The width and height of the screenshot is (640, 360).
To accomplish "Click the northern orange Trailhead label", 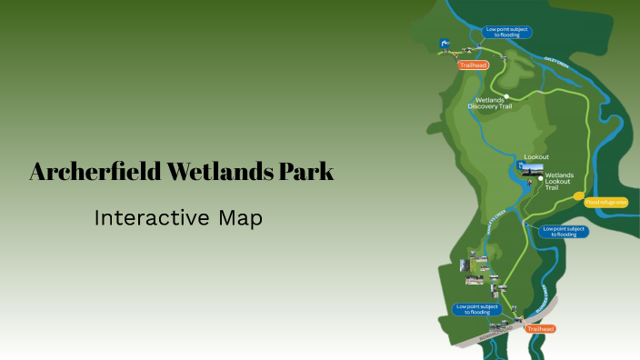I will pyautogui.click(x=474, y=65).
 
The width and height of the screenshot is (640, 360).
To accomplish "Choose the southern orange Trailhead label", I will pyautogui.click(x=539, y=328).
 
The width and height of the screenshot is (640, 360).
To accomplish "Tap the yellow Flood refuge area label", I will pyautogui.click(x=606, y=202).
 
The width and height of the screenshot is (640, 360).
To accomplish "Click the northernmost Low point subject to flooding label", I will pyautogui.click(x=507, y=32).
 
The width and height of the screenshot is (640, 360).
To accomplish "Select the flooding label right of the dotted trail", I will pyautogui.click(x=564, y=231).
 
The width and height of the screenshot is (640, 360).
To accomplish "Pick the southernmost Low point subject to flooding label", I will pyautogui.click(x=476, y=309).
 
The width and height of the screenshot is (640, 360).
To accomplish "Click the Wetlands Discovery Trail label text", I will pyautogui.click(x=490, y=104).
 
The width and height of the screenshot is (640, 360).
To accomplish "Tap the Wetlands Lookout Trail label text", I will pyautogui.click(x=560, y=180).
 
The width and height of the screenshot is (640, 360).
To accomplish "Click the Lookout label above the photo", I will pyautogui.click(x=536, y=156).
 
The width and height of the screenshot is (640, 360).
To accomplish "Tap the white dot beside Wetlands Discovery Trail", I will pyautogui.click(x=506, y=97).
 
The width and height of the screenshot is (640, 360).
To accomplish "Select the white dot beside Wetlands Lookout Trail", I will pyautogui.click(x=540, y=179).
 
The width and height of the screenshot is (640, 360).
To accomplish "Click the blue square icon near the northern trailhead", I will pyautogui.click(x=445, y=43).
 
